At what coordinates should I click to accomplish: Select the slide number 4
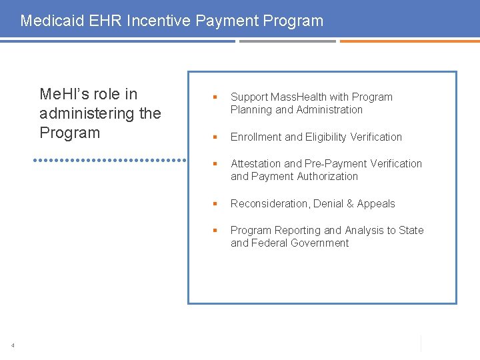pyautogui.click(x=13, y=345)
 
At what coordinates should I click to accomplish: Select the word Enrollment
pyautogui.click(x=256, y=137)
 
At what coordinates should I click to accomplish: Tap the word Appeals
pyautogui.click(x=376, y=204)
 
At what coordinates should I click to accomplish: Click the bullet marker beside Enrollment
pyautogui.click(x=215, y=137)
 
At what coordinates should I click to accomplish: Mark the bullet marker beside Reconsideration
pyautogui.click(x=215, y=204)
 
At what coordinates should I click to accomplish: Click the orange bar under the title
pyautogui.click(x=409, y=41)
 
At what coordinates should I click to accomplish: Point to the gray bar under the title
pyautogui.click(x=287, y=41)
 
